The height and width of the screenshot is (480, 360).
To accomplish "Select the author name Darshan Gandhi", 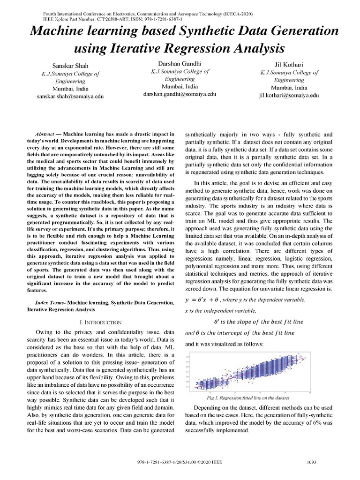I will coord(180,63).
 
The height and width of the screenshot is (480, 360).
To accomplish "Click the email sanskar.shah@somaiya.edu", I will coord(70,96).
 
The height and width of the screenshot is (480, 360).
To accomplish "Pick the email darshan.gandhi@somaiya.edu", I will coord(180,94).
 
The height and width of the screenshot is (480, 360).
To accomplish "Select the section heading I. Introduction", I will coord(101,322).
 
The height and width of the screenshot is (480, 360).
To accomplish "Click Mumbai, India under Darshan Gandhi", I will coord(180,87).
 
